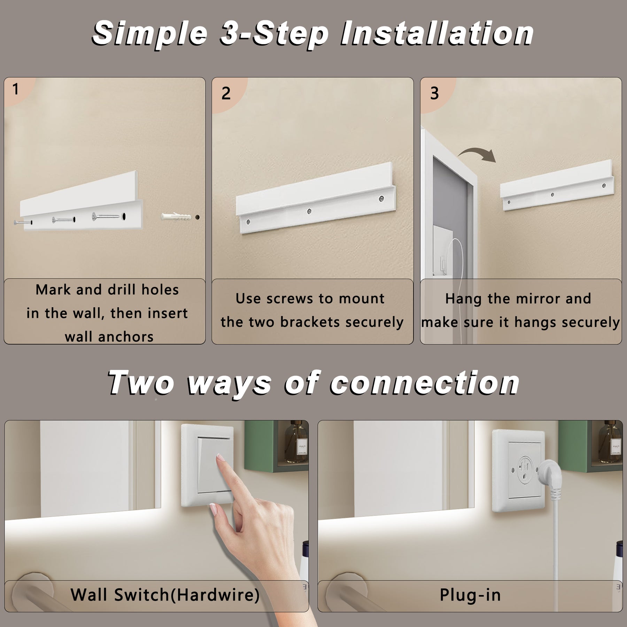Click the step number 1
[15, 89]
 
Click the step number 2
[226, 93]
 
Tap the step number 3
[434, 93]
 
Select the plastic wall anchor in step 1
[176, 217]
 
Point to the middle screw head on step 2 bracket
[309, 211]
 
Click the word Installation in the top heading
[437, 33]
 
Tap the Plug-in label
[470, 595]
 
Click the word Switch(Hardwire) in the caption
[187, 595]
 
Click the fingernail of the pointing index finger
[220, 458]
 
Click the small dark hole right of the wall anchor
[198, 217]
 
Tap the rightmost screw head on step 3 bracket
[604, 186]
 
